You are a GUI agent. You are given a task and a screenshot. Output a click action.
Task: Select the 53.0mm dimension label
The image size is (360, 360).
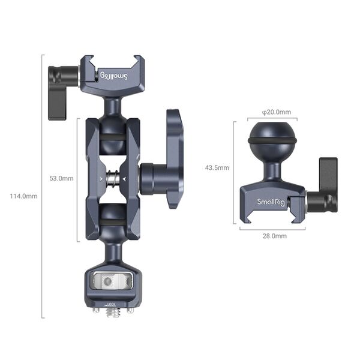click(x=62, y=178)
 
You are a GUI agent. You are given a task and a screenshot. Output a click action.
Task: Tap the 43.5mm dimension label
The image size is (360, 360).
click(x=217, y=168)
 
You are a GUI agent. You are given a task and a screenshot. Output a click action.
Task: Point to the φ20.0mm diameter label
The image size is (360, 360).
click(x=277, y=112)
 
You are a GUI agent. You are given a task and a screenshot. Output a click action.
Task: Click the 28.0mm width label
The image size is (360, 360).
click(x=274, y=236)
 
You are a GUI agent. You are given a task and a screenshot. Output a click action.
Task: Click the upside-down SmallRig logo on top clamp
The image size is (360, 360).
click(x=113, y=76)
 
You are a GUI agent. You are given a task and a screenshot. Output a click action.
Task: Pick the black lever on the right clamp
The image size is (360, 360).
click(x=328, y=184)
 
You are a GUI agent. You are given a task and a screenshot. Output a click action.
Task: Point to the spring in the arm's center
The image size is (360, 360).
click(x=112, y=178)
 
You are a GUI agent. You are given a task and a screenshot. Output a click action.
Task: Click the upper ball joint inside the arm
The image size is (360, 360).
click(x=112, y=133)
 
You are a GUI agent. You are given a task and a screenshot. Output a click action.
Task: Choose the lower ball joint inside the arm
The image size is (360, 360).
click(x=112, y=220)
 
